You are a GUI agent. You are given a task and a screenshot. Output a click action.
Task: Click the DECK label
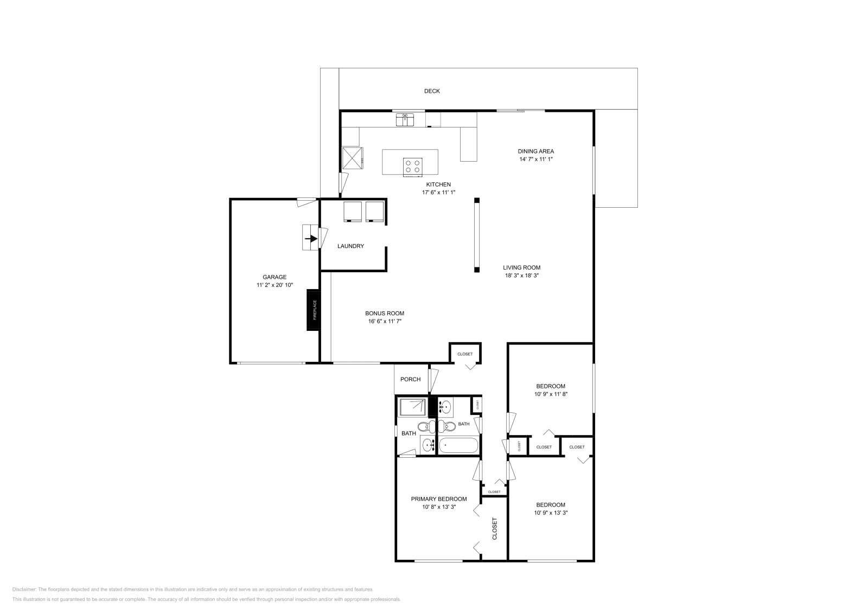432,91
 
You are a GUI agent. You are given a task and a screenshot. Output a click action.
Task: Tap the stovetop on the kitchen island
412,166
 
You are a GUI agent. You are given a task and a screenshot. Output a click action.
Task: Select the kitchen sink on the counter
405,119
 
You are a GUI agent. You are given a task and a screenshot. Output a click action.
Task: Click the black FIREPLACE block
314,310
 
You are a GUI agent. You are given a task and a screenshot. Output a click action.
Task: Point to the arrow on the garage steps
311,238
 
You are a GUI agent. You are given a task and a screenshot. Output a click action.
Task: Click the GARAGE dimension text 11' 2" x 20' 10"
275,285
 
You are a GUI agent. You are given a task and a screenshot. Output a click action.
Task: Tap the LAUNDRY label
350,246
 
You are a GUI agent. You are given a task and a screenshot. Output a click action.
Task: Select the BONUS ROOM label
384,314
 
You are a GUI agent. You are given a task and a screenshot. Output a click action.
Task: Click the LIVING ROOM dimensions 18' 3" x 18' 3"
521,276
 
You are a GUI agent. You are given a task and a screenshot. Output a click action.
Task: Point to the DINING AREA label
535,151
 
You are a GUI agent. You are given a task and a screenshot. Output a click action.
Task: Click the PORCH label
410,379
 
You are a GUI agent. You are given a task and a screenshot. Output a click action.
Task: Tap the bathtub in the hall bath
458,446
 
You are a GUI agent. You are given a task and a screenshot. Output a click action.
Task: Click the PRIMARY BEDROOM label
438,499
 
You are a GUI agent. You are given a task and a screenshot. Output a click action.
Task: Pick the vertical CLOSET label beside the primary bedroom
495,528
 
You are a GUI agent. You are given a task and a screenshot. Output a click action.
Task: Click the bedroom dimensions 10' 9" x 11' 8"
551,394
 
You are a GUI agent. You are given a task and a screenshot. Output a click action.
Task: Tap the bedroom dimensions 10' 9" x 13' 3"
551,513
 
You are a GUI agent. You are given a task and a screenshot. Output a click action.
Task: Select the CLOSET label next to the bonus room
465,354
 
